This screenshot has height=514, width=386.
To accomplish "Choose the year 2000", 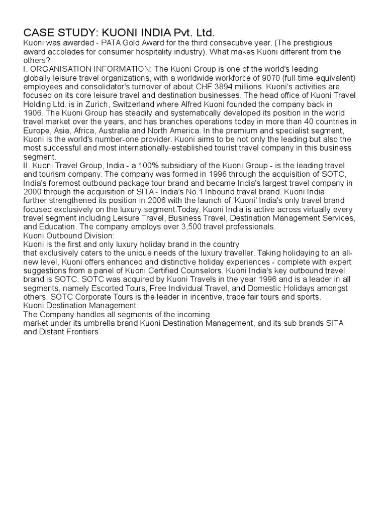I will [x=33, y=192].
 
